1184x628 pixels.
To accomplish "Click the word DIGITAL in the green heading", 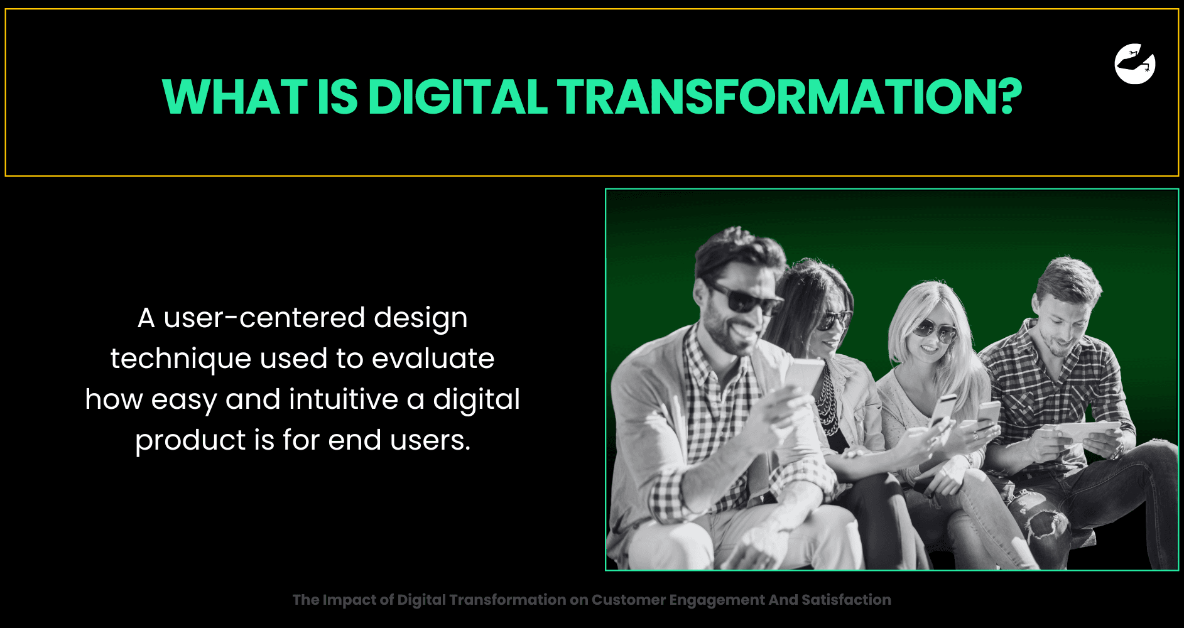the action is pyautogui.click(x=458, y=97).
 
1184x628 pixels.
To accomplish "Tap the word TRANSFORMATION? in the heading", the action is pyautogui.click(x=790, y=97).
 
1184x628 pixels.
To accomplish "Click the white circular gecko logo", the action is pyautogui.click(x=1135, y=63).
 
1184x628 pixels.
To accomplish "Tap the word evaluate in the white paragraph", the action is pyautogui.click(x=433, y=359).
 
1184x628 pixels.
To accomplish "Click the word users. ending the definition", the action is pyautogui.click(x=430, y=440).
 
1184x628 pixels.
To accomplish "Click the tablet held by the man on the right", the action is pyautogui.click(x=1084, y=432).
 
